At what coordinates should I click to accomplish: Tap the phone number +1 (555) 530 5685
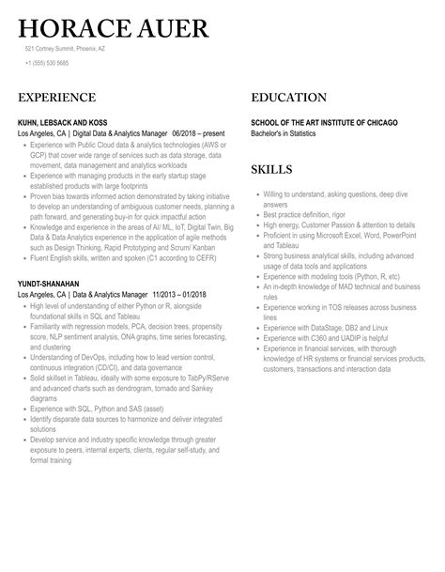point(48,64)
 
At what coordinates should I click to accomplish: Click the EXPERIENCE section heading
point(56,98)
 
